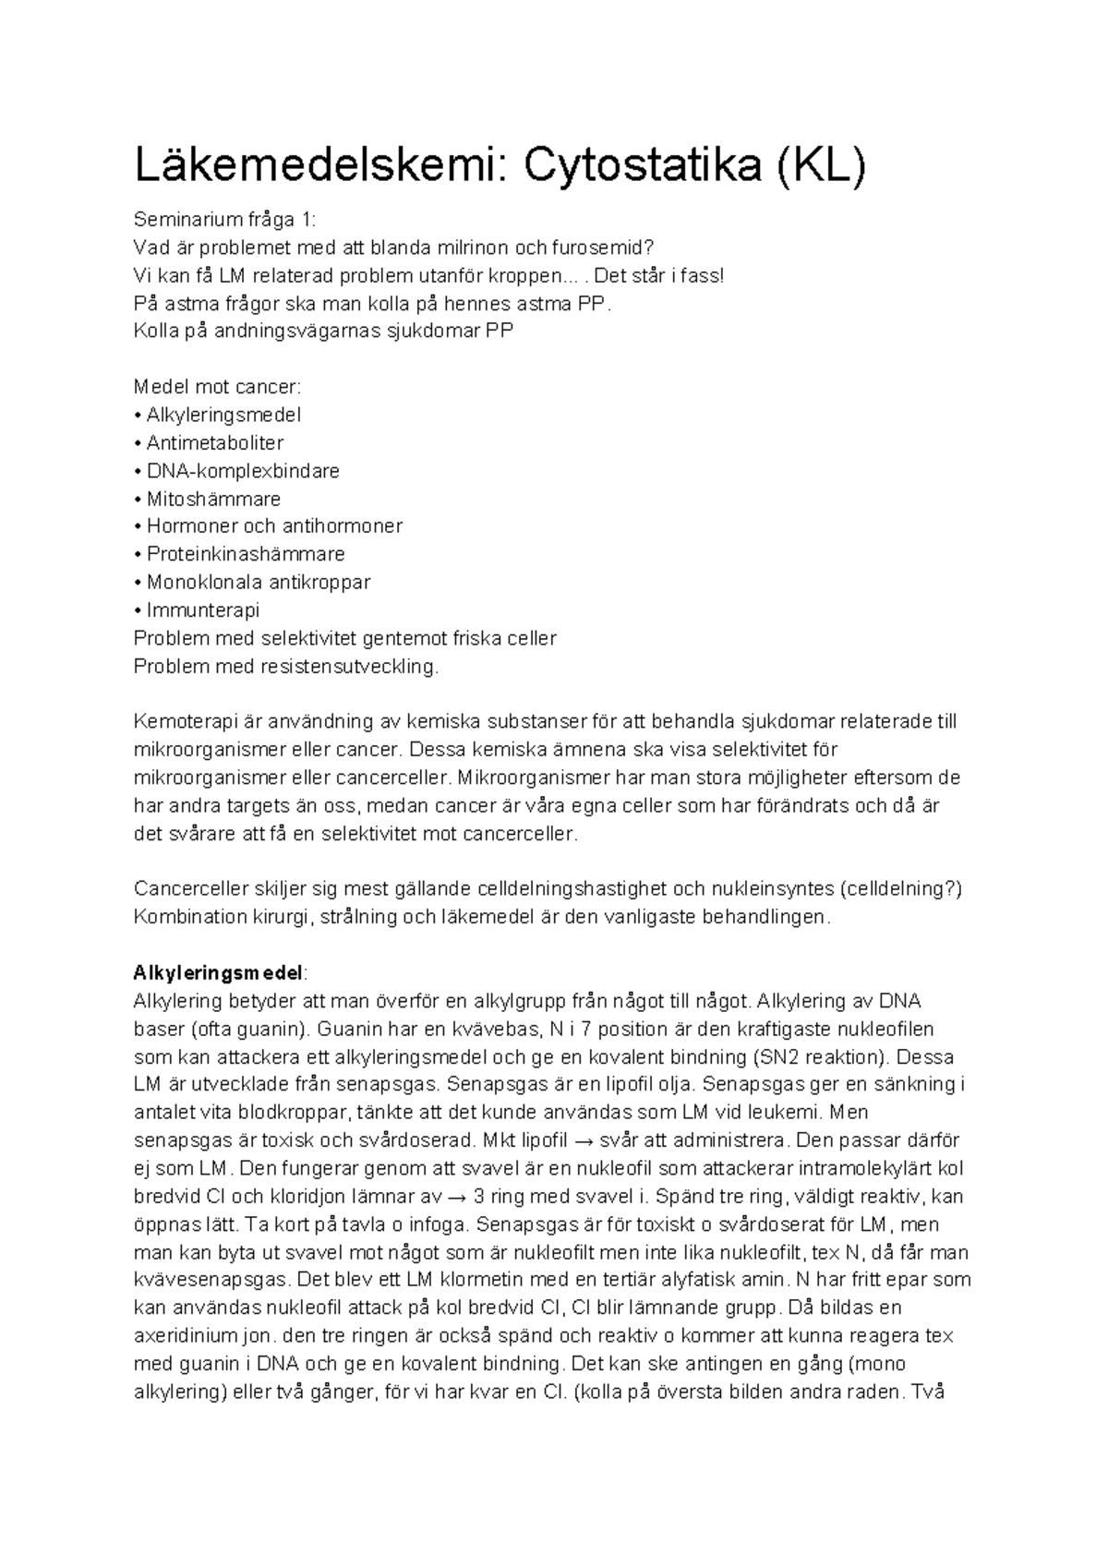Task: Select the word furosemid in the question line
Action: click(597, 247)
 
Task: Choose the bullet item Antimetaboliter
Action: click(214, 443)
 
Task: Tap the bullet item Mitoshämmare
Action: click(213, 500)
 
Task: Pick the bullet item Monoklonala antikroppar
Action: click(258, 583)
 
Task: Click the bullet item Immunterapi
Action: click(202, 610)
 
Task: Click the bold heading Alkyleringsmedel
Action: click(218, 973)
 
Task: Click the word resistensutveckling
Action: click(355, 667)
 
